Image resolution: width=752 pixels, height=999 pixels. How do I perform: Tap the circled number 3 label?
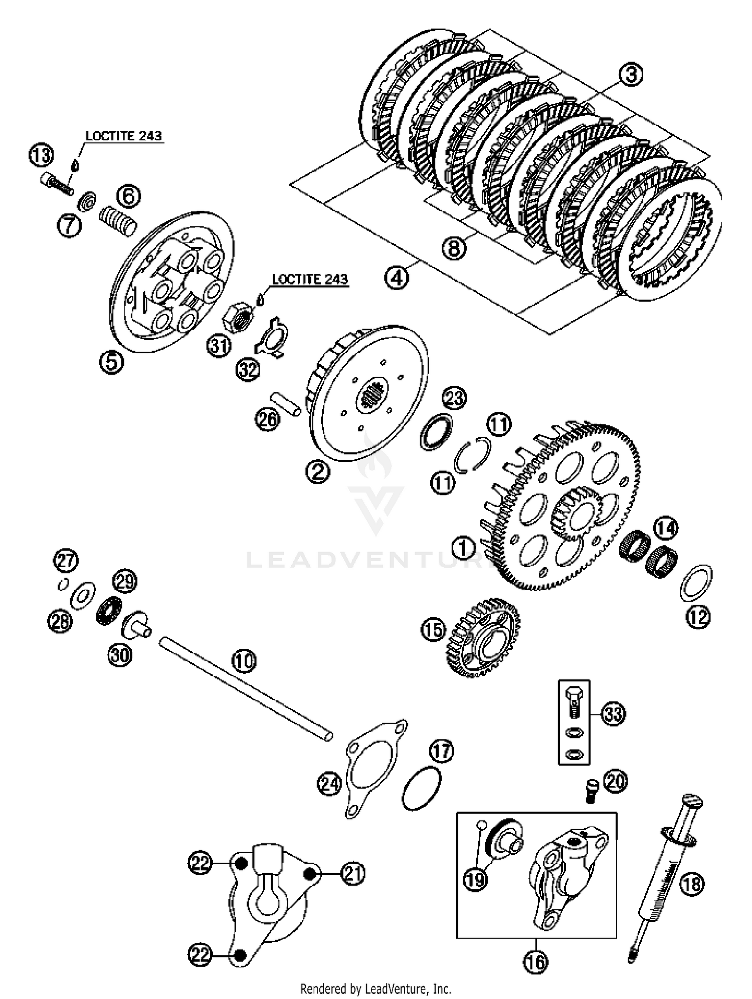tap(630, 75)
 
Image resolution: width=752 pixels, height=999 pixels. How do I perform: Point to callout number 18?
tap(692, 884)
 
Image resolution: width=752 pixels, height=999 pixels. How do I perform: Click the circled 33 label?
tap(613, 713)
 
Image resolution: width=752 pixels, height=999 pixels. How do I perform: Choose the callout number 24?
tap(329, 784)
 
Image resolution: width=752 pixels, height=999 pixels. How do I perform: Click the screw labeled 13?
tap(56, 184)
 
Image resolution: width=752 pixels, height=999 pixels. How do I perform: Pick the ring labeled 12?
tap(696, 583)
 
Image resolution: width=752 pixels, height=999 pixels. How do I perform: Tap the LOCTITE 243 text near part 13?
tap(124, 136)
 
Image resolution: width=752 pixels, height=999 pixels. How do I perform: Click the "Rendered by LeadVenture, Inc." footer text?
tap(375, 989)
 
